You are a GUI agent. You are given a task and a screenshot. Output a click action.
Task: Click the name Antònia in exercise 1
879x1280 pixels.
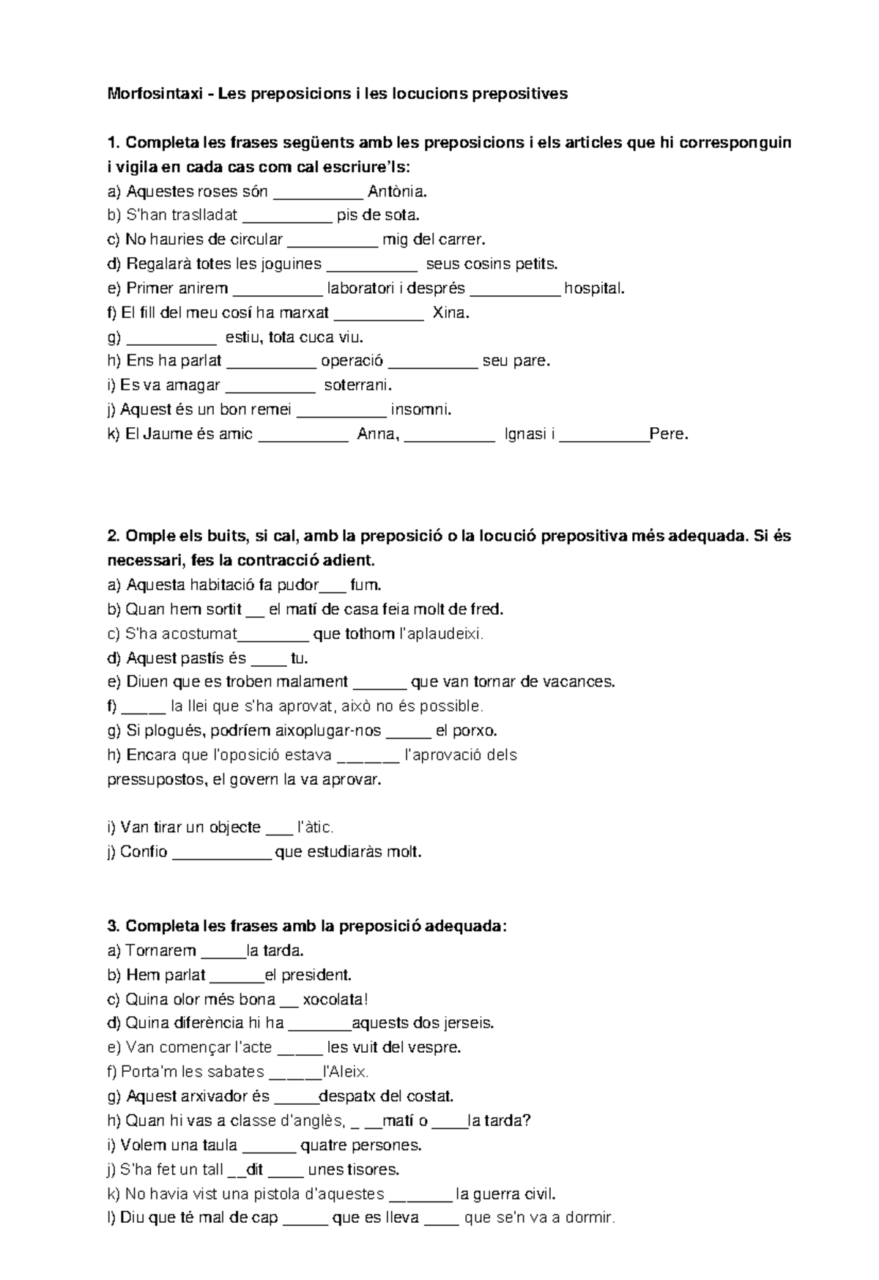[x=396, y=192]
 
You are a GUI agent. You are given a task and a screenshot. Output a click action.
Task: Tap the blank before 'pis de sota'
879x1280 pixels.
[x=286, y=216]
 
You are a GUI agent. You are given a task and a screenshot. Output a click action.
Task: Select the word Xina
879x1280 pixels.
[x=450, y=313]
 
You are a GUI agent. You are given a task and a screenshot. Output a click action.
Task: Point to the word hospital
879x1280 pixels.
[x=594, y=289]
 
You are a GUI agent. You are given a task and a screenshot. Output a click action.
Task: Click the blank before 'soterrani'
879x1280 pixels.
[x=270, y=385]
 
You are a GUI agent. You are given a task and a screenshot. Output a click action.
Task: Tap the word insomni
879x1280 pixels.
[x=421, y=410]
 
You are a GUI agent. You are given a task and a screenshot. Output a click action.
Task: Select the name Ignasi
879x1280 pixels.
[x=527, y=434]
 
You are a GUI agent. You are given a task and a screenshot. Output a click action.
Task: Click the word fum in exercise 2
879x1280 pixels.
[x=366, y=585]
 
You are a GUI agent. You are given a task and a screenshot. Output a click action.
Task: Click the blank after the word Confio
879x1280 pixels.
[x=221, y=852]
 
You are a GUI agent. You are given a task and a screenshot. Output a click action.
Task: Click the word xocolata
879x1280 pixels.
[x=334, y=999]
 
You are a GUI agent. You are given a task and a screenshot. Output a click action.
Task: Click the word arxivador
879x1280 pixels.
[x=212, y=1097]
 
